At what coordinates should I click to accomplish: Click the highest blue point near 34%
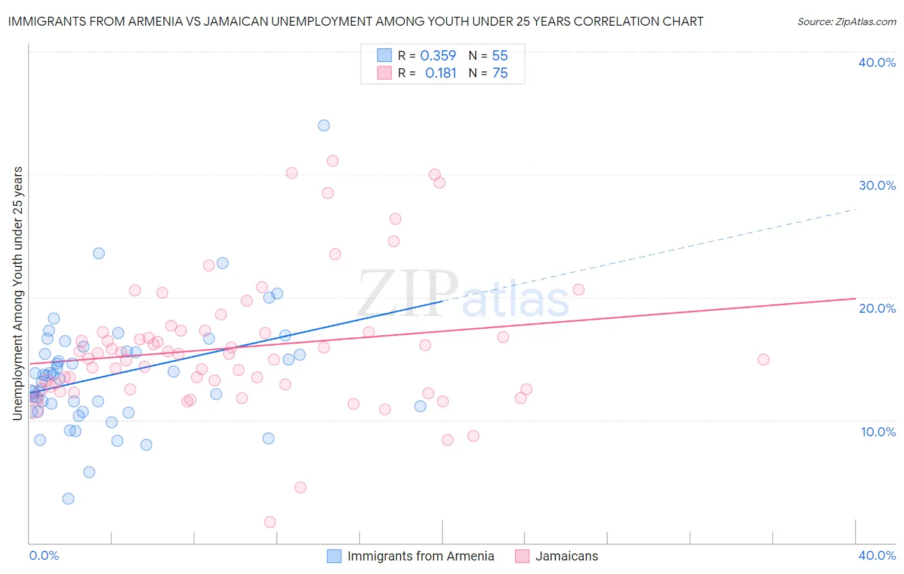(x=324, y=125)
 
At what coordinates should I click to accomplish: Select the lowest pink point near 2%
(x=270, y=522)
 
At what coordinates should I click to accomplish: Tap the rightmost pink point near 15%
(x=763, y=360)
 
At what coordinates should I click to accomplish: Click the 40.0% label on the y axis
(x=877, y=62)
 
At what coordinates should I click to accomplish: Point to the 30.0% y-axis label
(x=877, y=185)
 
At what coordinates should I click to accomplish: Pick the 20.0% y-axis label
(x=877, y=308)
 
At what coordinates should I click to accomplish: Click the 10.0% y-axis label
(x=878, y=432)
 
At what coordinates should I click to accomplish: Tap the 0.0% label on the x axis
(x=44, y=555)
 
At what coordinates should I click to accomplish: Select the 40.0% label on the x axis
(x=877, y=555)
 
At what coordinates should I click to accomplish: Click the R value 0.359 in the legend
(x=438, y=56)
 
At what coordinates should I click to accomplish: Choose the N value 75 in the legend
(x=500, y=73)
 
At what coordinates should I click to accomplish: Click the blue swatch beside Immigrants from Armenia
(x=334, y=556)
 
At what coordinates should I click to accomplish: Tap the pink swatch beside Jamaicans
(x=522, y=556)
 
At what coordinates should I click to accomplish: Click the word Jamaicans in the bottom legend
(x=566, y=556)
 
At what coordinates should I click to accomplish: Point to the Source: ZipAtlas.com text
(x=846, y=21)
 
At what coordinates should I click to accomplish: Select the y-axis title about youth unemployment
(x=17, y=293)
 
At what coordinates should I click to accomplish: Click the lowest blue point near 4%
(x=68, y=499)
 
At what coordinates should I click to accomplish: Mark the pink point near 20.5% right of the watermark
(x=579, y=290)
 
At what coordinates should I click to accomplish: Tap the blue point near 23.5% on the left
(x=99, y=254)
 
